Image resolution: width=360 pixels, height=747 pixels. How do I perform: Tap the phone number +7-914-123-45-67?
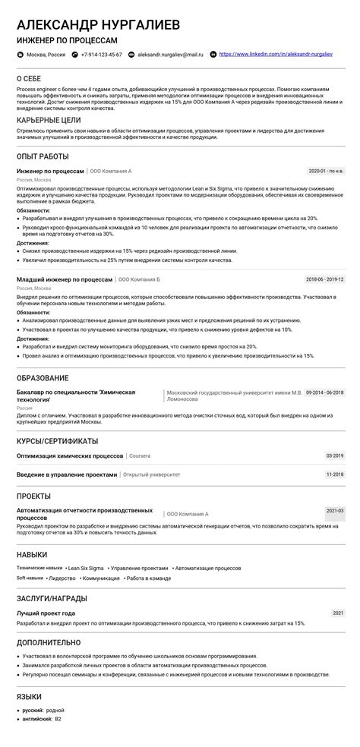(x=100, y=55)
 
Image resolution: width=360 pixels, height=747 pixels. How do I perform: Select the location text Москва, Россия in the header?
(x=45, y=55)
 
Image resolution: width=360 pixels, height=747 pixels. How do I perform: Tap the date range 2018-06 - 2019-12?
(x=324, y=279)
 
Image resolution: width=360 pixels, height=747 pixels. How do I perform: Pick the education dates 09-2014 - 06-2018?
(x=324, y=392)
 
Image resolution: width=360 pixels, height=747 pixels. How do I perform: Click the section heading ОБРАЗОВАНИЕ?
(x=43, y=378)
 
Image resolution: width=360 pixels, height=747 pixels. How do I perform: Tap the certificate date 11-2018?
(x=334, y=474)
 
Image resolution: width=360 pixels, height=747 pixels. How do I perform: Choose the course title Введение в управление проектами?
(x=67, y=474)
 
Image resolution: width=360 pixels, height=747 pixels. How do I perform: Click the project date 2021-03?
(x=334, y=511)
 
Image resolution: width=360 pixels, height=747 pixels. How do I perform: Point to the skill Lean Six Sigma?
(x=86, y=567)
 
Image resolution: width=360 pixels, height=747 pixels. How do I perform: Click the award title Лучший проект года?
(x=46, y=612)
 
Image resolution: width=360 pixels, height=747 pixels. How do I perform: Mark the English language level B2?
(x=58, y=718)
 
